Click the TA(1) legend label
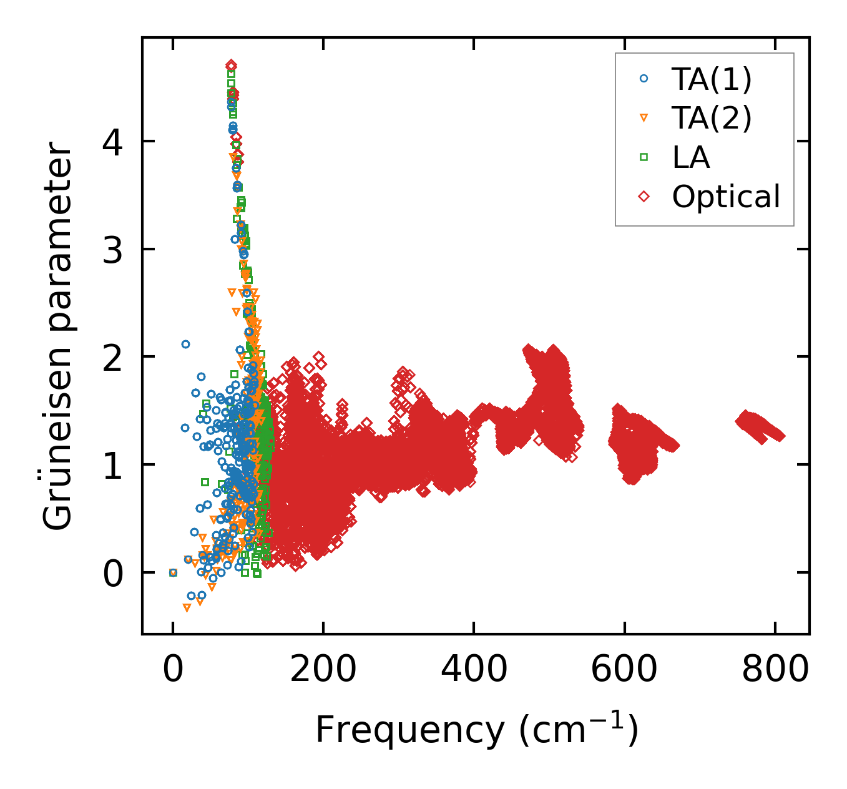pos(712,79)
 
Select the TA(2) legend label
pos(712,118)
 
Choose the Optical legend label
pos(726,197)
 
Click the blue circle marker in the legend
pos(644,79)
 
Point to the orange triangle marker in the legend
pos(644,118)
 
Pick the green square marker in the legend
pos(644,157)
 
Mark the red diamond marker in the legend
pos(644,197)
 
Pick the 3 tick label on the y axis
pos(112,250)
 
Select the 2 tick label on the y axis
pos(112,358)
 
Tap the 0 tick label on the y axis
pos(112,573)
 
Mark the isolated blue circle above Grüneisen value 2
pos(185,344)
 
